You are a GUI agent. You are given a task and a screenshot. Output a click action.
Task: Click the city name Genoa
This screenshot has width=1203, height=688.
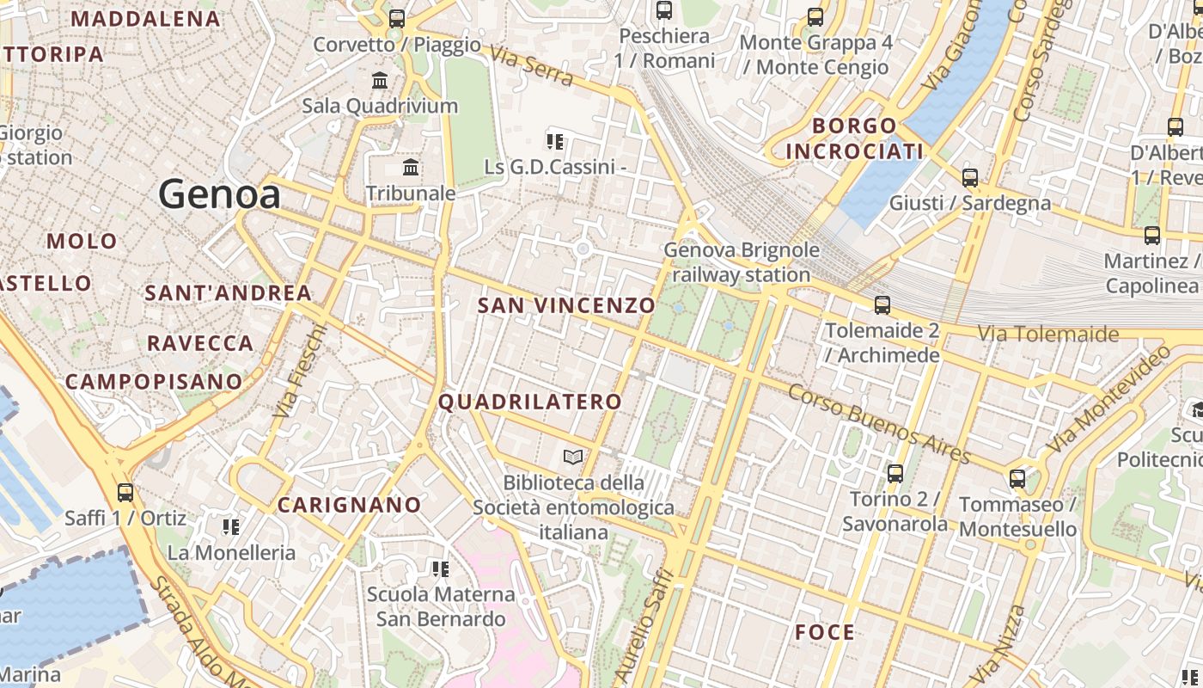[x=219, y=194]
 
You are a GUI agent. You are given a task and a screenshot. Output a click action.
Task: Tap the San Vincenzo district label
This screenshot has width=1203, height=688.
[x=566, y=305]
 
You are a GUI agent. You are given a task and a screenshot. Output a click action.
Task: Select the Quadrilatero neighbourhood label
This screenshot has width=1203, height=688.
[x=530, y=402]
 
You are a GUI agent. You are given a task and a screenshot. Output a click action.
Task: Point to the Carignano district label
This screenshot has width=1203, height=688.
[x=349, y=505]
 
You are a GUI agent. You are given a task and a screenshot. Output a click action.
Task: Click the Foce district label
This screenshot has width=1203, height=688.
[x=825, y=633]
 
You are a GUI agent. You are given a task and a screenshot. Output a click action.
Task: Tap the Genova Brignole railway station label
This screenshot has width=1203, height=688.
[x=742, y=262]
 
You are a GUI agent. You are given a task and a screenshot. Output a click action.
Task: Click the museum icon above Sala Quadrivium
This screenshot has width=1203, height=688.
[x=380, y=81]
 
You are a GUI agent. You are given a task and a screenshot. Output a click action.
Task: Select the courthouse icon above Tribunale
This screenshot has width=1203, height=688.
[x=411, y=167]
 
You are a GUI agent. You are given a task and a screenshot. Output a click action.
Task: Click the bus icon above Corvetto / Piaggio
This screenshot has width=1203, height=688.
[x=397, y=18]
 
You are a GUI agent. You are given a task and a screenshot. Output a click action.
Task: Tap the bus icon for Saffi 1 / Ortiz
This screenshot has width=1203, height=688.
[x=125, y=493]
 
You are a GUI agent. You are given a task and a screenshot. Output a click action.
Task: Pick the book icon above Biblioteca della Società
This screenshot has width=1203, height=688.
[x=573, y=457]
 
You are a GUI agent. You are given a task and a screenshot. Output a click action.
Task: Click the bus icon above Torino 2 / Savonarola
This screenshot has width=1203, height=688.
[x=895, y=473]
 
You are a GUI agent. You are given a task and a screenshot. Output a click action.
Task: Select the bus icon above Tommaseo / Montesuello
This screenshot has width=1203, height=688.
[x=1017, y=478]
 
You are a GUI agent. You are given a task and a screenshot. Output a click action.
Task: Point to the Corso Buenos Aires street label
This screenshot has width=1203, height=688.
[x=879, y=424]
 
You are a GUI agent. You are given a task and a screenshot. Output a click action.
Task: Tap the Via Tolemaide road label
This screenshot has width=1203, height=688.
[x=1047, y=334]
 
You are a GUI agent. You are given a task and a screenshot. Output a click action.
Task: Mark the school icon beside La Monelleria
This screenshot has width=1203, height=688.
[x=230, y=526]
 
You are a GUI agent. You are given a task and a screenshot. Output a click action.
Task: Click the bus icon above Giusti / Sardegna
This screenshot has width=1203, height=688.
[x=970, y=178]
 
